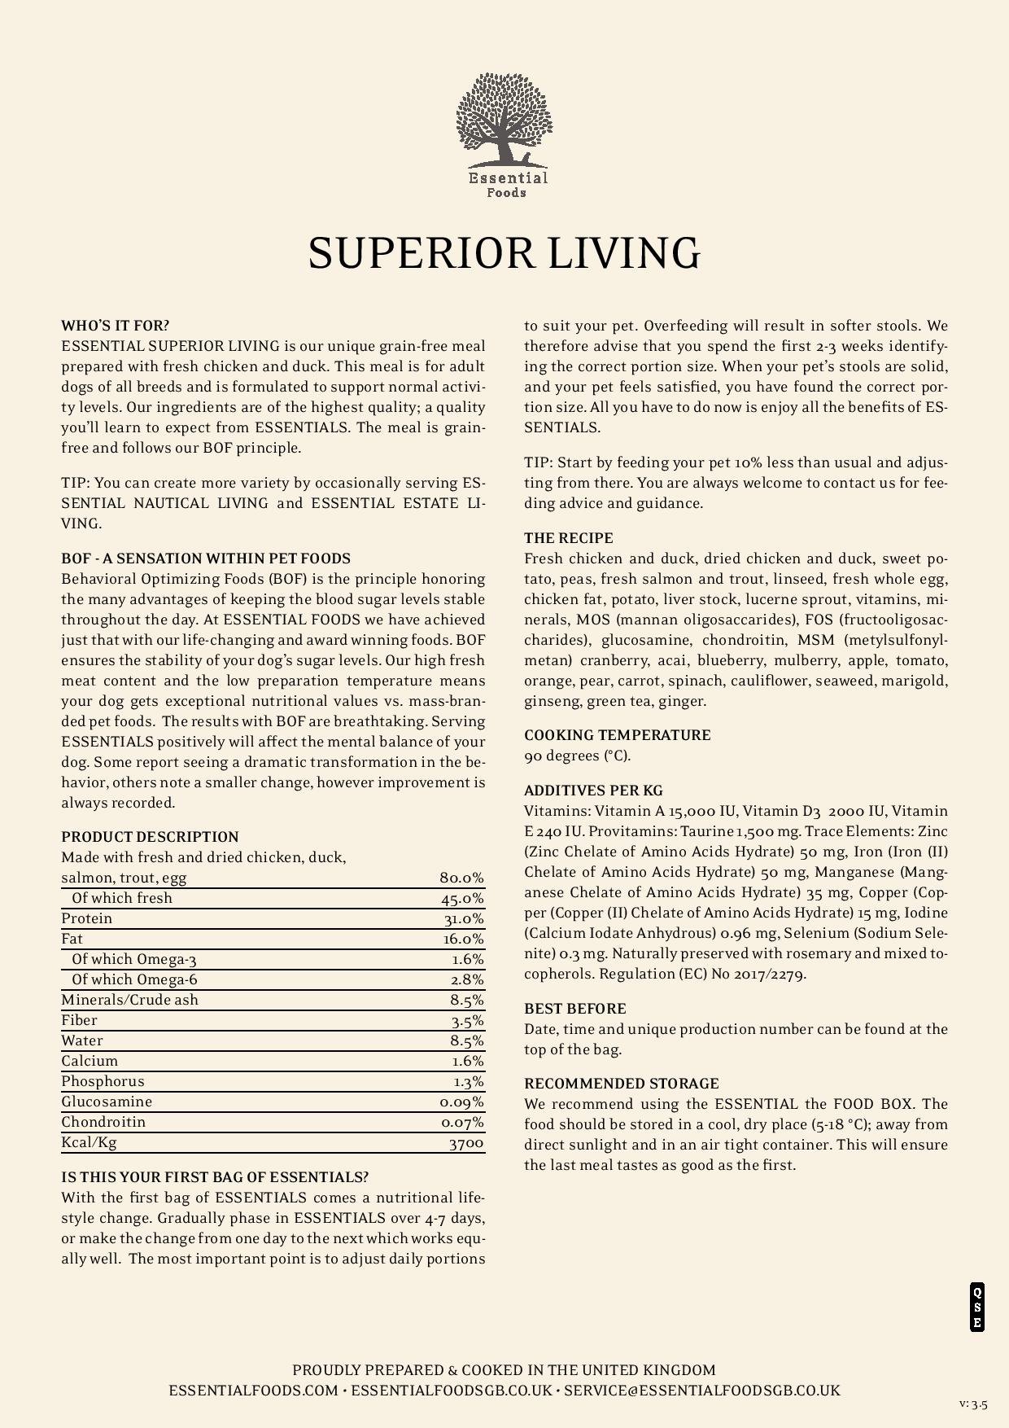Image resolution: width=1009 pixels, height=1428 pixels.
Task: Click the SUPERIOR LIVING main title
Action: pyautogui.click(x=504, y=253)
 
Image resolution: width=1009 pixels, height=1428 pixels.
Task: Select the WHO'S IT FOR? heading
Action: pyautogui.click(x=116, y=326)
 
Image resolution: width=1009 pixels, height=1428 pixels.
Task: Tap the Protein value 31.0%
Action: pyautogui.click(x=463, y=919)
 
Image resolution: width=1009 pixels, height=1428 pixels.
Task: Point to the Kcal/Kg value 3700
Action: pyautogui.click(x=466, y=1143)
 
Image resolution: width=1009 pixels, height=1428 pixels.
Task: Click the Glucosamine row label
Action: pyautogui.click(x=107, y=1102)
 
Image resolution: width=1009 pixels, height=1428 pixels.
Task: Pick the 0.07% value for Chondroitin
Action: pyautogui.click(x=462, y=1123)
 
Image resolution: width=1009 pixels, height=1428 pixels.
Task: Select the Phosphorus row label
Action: pyautogui.click(x=103, y=1081)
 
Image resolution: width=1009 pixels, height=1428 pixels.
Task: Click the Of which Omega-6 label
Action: pyautogui.click(x=134, y=979)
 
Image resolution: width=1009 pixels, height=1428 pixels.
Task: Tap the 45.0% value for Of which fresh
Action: pyautogui.click(x=462, y=899)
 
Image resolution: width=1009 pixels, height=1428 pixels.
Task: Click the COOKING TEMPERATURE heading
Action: pyautogui.click(x=617, y=735)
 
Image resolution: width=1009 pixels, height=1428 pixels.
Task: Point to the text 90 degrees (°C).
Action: pyautogui.click(x=577, y=756)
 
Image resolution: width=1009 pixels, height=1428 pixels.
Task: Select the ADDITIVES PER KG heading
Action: pyautogui.click(x=593, y=791)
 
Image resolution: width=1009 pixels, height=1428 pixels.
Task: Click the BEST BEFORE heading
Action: pyautogui.click(x=574, y=1009)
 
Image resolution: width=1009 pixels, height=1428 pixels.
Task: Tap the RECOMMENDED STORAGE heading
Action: pyautogui.click(x=622, y=1084)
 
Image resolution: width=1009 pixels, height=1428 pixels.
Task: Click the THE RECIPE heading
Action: pyautogui.click(x=569, y=538)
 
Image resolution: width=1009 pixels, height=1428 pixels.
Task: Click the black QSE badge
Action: pyautogui.click(x=977, y=1308)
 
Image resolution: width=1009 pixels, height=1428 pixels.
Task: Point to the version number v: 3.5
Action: pyautogui.click(x=973, y=1404)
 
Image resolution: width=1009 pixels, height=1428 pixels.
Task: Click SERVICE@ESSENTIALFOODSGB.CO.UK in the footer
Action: pyautogui.click(x=701, y=1391)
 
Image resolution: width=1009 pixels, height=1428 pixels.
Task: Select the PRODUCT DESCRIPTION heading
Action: pyautogui.click(x=150, y=837)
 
